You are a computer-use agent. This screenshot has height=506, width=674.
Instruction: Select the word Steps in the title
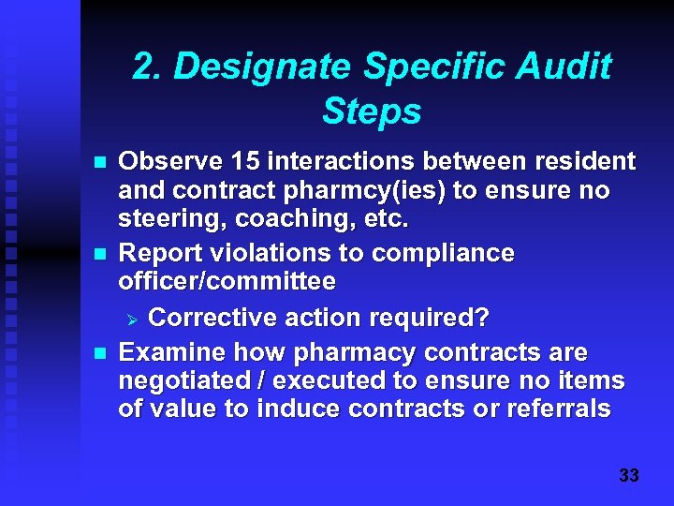click(x=372, y=112)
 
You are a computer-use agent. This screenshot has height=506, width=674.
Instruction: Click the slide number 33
click(x=629, y=476)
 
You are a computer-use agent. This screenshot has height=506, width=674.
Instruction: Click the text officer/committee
click(x=227, y=281)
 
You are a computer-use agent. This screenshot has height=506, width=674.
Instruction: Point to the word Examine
click(x=172, y=352)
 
